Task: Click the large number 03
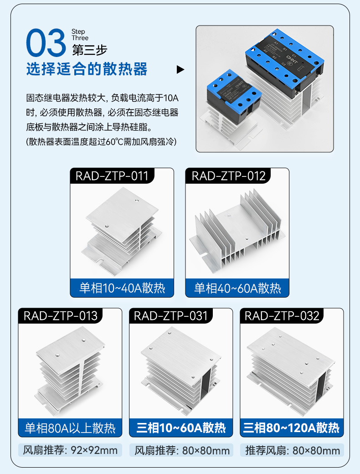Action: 46,43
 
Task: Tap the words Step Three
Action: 80,35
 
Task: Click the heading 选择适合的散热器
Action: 87,69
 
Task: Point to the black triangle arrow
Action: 180,70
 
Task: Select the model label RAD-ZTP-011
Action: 112,176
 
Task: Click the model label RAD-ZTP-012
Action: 228,176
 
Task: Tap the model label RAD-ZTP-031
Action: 171,316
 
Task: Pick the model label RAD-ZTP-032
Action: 282,316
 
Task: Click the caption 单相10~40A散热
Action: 122,288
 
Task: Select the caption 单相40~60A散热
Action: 237,288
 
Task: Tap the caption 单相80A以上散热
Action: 70,428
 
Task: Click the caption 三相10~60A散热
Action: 181,428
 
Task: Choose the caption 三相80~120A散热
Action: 292,428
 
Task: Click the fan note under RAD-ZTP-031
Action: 181,451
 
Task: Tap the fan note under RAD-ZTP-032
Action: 292,451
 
